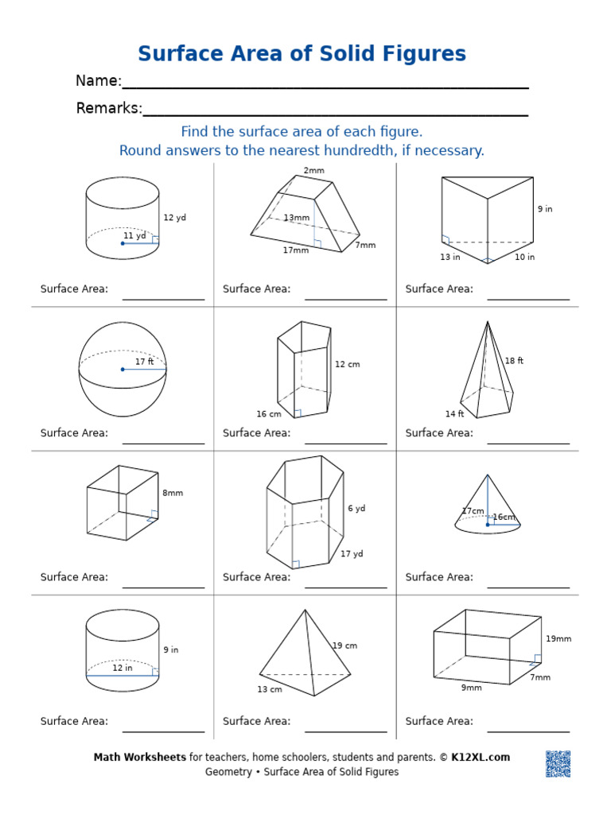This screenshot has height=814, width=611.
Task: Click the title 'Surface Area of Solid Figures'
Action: (x=302, y=54)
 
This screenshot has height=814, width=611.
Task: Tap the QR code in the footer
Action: (x=558, y=763)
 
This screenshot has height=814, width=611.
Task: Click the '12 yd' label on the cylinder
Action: (x=174, y=218)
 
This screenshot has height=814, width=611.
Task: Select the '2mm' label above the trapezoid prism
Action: (x=313, y=171)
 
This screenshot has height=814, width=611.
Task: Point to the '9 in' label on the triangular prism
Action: (x=544, y=209)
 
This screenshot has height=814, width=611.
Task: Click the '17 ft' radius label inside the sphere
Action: (x=144, y=362)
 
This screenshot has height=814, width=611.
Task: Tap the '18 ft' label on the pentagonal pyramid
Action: (x=514, y=361)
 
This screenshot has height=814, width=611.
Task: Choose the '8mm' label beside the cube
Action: (x=173, y=493)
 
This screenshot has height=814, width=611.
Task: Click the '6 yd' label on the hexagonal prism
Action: (x=356, y=509)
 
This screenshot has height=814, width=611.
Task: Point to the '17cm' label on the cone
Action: (x=473, y=511)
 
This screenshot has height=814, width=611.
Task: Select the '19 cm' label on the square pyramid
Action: (x=344, y=646)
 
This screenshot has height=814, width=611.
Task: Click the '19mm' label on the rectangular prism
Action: (x=558, y=639)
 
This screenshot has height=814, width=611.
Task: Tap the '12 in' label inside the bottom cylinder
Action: (x=122, y=669)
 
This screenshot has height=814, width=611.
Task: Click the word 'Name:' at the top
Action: (x=98, y=81)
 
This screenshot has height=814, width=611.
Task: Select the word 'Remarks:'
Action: (x=109, y=109)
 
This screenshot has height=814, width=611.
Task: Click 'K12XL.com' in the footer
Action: (x=481, y=758)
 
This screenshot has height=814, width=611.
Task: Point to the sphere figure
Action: (x=123, y=369)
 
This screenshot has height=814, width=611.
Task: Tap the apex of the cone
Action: (x=488, y=475)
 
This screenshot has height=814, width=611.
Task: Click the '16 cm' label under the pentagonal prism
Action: (x=268, y=414)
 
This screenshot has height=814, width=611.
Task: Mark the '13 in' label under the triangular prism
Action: (x=449, y=257)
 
